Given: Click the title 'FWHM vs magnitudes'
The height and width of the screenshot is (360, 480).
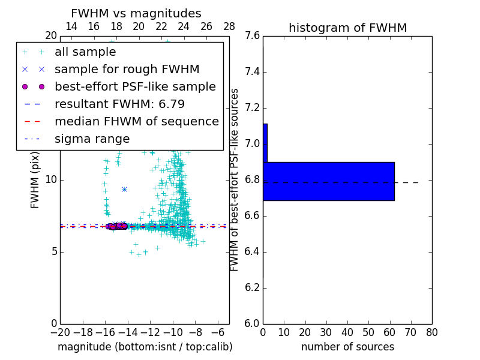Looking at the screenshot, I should (x=136, y=13).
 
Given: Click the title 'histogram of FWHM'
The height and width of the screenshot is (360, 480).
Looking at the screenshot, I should (x=347, y=28).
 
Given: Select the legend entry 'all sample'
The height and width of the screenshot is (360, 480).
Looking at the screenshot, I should (x=85, y=52).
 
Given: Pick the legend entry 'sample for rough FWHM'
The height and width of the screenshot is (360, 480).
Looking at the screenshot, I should (x=127, y=70).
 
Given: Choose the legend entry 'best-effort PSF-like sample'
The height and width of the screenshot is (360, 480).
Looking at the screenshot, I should (x=135, y=86).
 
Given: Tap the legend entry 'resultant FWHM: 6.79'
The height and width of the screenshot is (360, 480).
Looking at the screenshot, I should (x=119, y=104).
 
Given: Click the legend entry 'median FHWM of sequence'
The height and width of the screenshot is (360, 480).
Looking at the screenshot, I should (x=136, y=121).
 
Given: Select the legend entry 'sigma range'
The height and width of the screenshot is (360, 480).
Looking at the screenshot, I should (x=92, y=139).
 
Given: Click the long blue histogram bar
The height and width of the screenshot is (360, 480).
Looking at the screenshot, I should (x=329, y=181).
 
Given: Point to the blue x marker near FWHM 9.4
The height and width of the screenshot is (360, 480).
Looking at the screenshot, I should (x=124, y=189).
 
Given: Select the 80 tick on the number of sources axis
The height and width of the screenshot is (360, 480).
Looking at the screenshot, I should (x=431, y=332).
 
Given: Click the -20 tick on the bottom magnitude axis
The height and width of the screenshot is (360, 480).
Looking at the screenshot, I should (x=59, y=332).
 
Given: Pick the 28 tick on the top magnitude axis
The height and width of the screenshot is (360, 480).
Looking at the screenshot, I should (x=229, y=26).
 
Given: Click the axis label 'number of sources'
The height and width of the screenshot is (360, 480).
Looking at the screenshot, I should (x=347, y=347).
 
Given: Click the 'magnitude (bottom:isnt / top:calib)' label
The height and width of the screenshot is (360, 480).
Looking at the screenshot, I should (x=145, y=347).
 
